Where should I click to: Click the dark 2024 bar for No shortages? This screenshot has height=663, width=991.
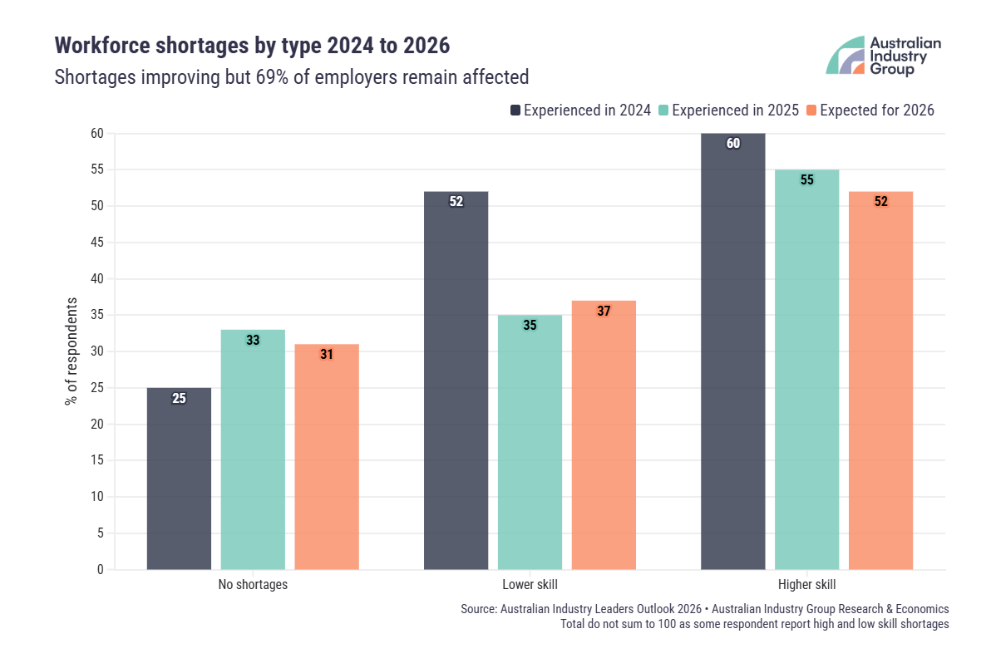point(179,482)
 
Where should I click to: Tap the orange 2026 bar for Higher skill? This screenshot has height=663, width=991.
point(880,382)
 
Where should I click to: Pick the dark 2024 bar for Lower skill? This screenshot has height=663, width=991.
point(456,382)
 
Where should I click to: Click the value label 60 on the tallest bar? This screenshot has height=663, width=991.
point(732,143)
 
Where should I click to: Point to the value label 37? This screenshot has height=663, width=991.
point(604,311)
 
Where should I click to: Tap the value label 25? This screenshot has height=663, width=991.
point(179,398)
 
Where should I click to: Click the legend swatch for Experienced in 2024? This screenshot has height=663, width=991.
point(515,110)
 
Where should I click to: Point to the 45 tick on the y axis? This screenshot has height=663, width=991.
point(97,243)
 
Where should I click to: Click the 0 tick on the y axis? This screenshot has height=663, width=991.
point(100,570)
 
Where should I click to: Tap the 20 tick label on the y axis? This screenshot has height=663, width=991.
point(97,425)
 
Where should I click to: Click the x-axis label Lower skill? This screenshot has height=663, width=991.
point(530,585)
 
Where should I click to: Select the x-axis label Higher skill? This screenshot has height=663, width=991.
point(806,585)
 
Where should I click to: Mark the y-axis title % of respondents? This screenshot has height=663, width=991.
point(71,351)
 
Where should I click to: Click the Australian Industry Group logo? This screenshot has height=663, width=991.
point(883,56)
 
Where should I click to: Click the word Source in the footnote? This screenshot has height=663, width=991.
point(478,609)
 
